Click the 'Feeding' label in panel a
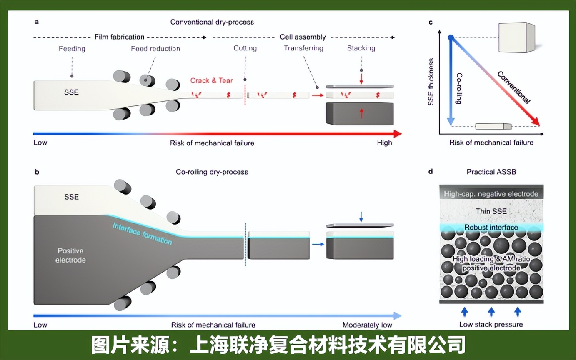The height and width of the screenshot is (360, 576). point(72,49)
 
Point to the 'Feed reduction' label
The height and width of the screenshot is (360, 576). point(155,49)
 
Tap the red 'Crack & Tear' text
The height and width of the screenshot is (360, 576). point(212,80)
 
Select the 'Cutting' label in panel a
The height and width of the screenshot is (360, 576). point(245,48)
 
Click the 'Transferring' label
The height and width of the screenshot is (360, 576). point(303,48)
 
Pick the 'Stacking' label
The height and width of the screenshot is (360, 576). point(361,48)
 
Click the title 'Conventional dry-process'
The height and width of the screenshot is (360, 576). point(212,22)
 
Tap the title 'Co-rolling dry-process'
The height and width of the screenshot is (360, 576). point(212,172)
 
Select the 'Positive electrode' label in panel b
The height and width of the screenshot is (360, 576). point(70,255)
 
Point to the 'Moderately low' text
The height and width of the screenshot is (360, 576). point(367,325)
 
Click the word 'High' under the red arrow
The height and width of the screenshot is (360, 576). point(384,142)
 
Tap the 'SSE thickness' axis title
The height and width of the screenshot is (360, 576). point(431,82)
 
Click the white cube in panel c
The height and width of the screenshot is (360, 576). point(517,37)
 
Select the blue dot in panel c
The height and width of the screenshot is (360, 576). point(451,38)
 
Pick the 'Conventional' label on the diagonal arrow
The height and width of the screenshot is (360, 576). point(513,87)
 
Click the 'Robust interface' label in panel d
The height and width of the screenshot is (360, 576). point(491,227)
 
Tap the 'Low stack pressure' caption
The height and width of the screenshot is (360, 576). point(491,324)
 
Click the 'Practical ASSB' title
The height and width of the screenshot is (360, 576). point(491,172)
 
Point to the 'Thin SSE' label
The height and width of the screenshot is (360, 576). point(491,211)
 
